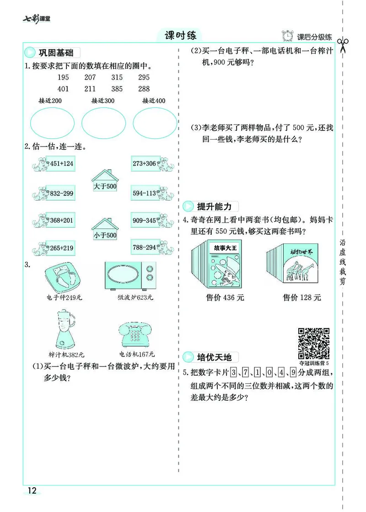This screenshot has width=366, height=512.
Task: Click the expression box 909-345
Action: pyautogui.click(x=145, y=220)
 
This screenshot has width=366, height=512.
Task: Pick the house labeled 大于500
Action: pyautogui.click(x=105, y=182)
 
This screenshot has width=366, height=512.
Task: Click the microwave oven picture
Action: pyautogui.click(x=130, y=277)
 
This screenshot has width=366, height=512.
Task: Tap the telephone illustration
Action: pyautogui.click(x=137, y=334)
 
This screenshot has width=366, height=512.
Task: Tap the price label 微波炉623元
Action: pyautogui.click(x=135, y=298)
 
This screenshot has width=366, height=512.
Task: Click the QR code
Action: pyautogui.click(x=314, y=343)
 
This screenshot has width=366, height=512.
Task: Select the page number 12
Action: pyautogui.click(x=32, y=491)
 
